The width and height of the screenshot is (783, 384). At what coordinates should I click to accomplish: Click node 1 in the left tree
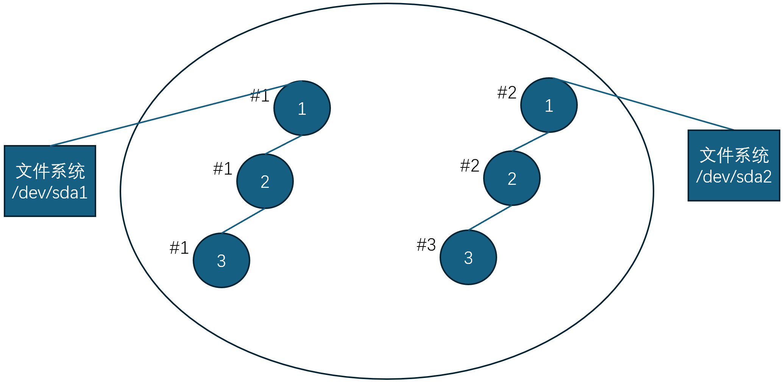302,108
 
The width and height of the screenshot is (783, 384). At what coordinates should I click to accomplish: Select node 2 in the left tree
265,181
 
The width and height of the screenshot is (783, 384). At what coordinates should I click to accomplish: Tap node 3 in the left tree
221,261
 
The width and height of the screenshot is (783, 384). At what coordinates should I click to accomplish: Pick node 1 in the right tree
549,105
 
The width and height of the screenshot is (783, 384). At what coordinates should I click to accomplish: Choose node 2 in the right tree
512,178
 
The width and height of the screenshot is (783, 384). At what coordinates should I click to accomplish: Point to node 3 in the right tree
468,258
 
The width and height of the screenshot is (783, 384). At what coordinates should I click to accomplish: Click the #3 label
426,245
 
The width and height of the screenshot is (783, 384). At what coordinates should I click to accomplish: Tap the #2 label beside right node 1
507,92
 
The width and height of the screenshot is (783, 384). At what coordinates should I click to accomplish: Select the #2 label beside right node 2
469,165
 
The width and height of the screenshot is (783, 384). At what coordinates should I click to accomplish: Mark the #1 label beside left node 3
179,248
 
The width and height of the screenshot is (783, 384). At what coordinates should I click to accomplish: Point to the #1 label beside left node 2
223,169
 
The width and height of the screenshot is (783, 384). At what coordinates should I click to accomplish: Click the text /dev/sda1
50,193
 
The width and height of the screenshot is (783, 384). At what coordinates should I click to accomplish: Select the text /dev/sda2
733,177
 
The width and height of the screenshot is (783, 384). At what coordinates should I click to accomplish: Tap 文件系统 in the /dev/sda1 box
50,171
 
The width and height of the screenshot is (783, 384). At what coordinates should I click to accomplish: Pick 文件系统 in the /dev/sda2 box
733,155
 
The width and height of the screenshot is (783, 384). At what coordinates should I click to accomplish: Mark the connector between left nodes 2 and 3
243,220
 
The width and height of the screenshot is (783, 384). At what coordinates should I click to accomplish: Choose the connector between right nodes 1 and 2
530,142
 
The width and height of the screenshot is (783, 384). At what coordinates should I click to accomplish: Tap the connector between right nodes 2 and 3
490,218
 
